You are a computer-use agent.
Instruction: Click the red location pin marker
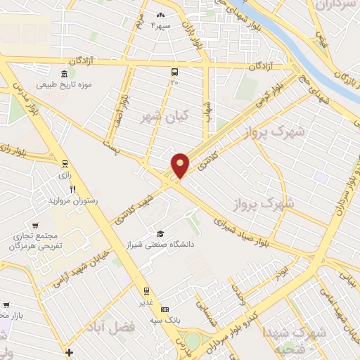pos(180,165)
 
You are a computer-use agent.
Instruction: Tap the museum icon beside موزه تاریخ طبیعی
pos(64,75)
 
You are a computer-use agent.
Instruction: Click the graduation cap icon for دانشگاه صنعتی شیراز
pos(160,234)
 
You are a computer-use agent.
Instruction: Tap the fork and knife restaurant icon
pos(72,190)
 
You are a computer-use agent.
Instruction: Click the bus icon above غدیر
pos(146,290)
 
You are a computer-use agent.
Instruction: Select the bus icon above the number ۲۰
pos(174,71)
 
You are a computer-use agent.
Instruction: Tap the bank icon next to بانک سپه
pos(165,309)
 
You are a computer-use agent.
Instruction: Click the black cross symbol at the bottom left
pos(68,352)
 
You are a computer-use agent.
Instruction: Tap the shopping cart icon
pos(6,305)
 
